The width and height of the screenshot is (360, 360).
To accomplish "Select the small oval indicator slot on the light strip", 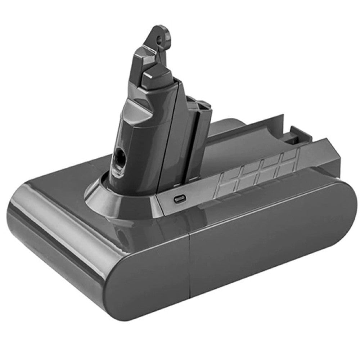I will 178,198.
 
